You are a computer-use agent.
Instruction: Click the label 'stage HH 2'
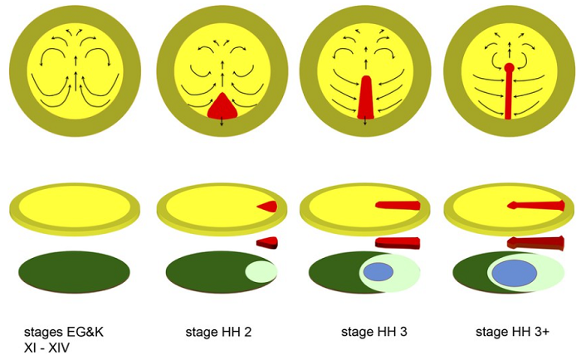pos(217,333)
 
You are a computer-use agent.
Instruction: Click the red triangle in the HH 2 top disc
pos(222,106)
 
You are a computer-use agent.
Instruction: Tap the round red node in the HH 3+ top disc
pos(508,67)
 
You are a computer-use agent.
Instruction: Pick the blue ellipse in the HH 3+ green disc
pos(515,272)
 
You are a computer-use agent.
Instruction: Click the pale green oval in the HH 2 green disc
pos(259,271)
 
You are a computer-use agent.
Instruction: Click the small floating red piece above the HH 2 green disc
pos(266,242)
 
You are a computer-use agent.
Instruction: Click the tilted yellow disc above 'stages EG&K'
pos(75,207)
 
